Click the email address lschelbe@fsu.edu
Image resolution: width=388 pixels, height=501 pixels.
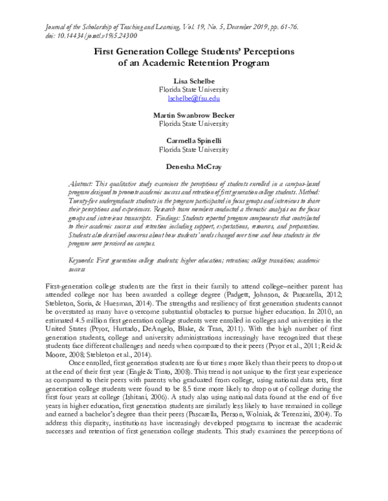(x=194, y=99)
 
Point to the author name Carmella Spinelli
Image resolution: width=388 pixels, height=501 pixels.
(x=194, y=139)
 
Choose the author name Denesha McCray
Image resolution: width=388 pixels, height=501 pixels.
(x=194, y=165)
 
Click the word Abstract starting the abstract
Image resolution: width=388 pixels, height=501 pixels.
(x=81, y=184)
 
